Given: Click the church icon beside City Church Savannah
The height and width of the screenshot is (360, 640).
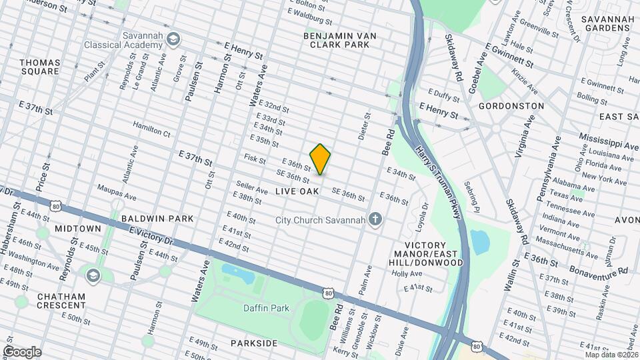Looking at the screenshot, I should pyautogui.click(x=376, y=220).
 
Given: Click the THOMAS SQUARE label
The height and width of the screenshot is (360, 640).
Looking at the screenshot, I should pyautogui.click(x=40, y=67).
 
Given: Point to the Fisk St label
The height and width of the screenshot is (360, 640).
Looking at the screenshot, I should pyautogui.click(x=255, y=160).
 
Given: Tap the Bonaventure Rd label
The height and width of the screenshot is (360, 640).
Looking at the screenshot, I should pyautogui.click(x=599, y=271).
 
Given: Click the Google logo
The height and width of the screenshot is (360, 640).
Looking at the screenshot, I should pyautogui.click(x=22, y=351).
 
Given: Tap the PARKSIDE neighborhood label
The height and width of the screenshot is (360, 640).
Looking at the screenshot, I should pyautogui.click(x=254, y=343).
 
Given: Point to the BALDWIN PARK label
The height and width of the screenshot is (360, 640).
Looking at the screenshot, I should pyautogui.click(x=157, y=218).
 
